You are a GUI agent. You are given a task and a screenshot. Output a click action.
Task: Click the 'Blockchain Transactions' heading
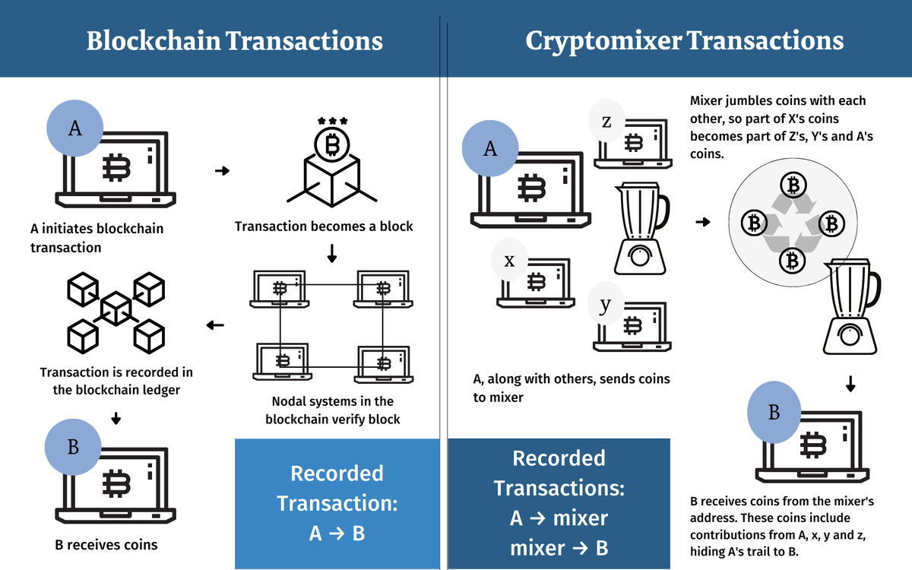point(234,40)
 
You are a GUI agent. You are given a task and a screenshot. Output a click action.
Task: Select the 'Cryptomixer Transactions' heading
point(684,40)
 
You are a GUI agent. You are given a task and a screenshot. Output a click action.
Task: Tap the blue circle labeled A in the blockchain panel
point(75,128)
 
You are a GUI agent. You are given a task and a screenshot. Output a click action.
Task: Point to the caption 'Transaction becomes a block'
point(324,226)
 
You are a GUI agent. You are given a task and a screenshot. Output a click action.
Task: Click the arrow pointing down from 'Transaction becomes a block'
point(331,254)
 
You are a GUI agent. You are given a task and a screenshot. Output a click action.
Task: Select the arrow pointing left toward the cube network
point(215,326)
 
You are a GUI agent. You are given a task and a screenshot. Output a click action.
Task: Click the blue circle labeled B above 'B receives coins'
point(73,447)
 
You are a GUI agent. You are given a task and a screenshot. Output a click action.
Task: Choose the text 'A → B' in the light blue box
point(337,534)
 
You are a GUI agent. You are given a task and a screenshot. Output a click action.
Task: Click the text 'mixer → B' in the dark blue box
point(559,548)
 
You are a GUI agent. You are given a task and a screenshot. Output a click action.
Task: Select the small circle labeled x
point(510,261)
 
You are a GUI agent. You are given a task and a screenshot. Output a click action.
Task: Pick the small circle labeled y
point(605,306)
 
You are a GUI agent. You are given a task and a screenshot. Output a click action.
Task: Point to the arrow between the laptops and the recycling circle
point(703,222)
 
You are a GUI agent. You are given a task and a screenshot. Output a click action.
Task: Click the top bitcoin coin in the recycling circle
point(793,185)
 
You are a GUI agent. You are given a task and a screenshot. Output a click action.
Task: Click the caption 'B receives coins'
point(106,544)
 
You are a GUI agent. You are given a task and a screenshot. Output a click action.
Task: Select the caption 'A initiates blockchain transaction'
point(97,238)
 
